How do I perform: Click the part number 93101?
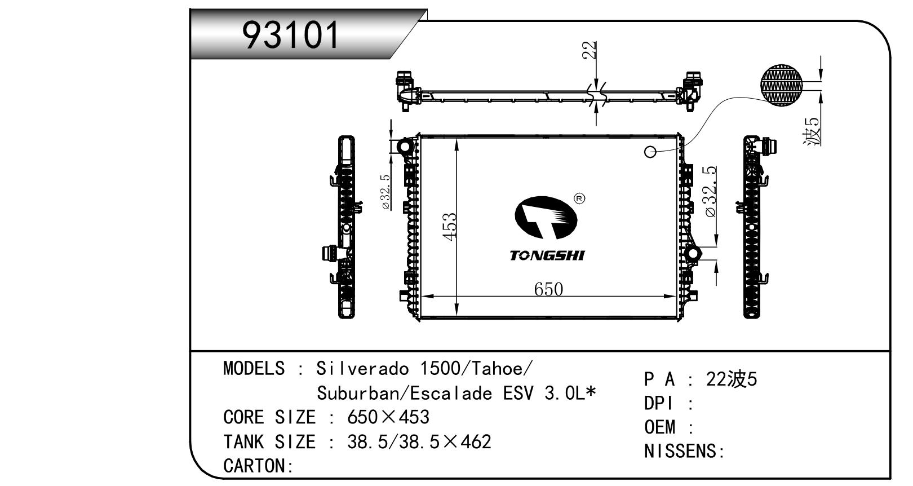[290, 35]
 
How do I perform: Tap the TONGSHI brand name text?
[547, 255]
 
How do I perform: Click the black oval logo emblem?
[546, 217]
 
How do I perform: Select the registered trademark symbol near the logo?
[579, 198]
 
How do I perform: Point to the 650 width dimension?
[548, 289]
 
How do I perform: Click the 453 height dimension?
[450, 227]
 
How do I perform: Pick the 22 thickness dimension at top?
[590, 51]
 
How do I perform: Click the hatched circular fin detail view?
[781, 85]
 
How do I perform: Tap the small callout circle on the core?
[650, 152]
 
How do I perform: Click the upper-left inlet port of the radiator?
[405, 147]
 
